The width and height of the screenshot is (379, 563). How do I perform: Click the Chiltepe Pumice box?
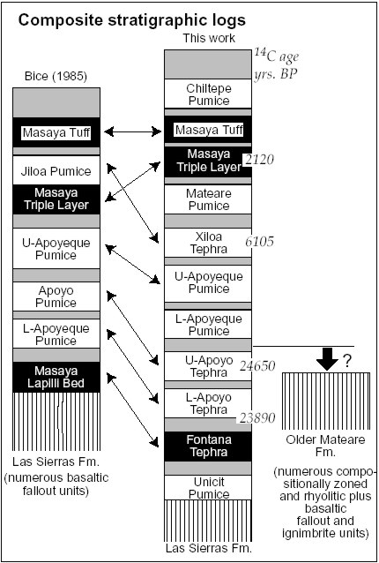(208, 94)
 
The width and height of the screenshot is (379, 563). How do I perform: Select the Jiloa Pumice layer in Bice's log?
(56, 170)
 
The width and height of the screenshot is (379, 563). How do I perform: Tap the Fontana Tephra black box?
(208, 447)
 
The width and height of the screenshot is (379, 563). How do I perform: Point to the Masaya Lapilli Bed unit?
(56, 377)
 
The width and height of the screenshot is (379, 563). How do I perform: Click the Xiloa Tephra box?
(208, 243)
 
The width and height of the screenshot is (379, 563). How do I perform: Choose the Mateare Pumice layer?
(208, 199)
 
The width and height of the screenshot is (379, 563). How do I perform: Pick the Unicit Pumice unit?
(208, 488)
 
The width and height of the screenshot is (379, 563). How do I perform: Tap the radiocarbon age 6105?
(260, 241)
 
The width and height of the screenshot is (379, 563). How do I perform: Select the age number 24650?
(257, 366)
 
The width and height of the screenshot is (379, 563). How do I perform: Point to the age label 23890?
(257, 418)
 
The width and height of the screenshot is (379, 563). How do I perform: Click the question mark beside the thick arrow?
(346, 362)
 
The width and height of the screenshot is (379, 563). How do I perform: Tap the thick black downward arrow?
(327, 359)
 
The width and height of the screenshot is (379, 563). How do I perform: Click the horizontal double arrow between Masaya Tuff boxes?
(133, 131)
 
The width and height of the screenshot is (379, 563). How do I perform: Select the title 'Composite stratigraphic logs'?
(132, 20)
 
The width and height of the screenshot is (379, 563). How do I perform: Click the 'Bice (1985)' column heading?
(56, 77)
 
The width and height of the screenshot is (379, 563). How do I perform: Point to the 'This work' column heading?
(209, 39)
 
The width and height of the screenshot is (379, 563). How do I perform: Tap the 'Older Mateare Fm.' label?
(325, 446)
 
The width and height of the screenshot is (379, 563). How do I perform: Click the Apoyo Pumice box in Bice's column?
(56, 297)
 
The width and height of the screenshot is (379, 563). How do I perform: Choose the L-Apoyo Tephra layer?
(208, 403)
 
